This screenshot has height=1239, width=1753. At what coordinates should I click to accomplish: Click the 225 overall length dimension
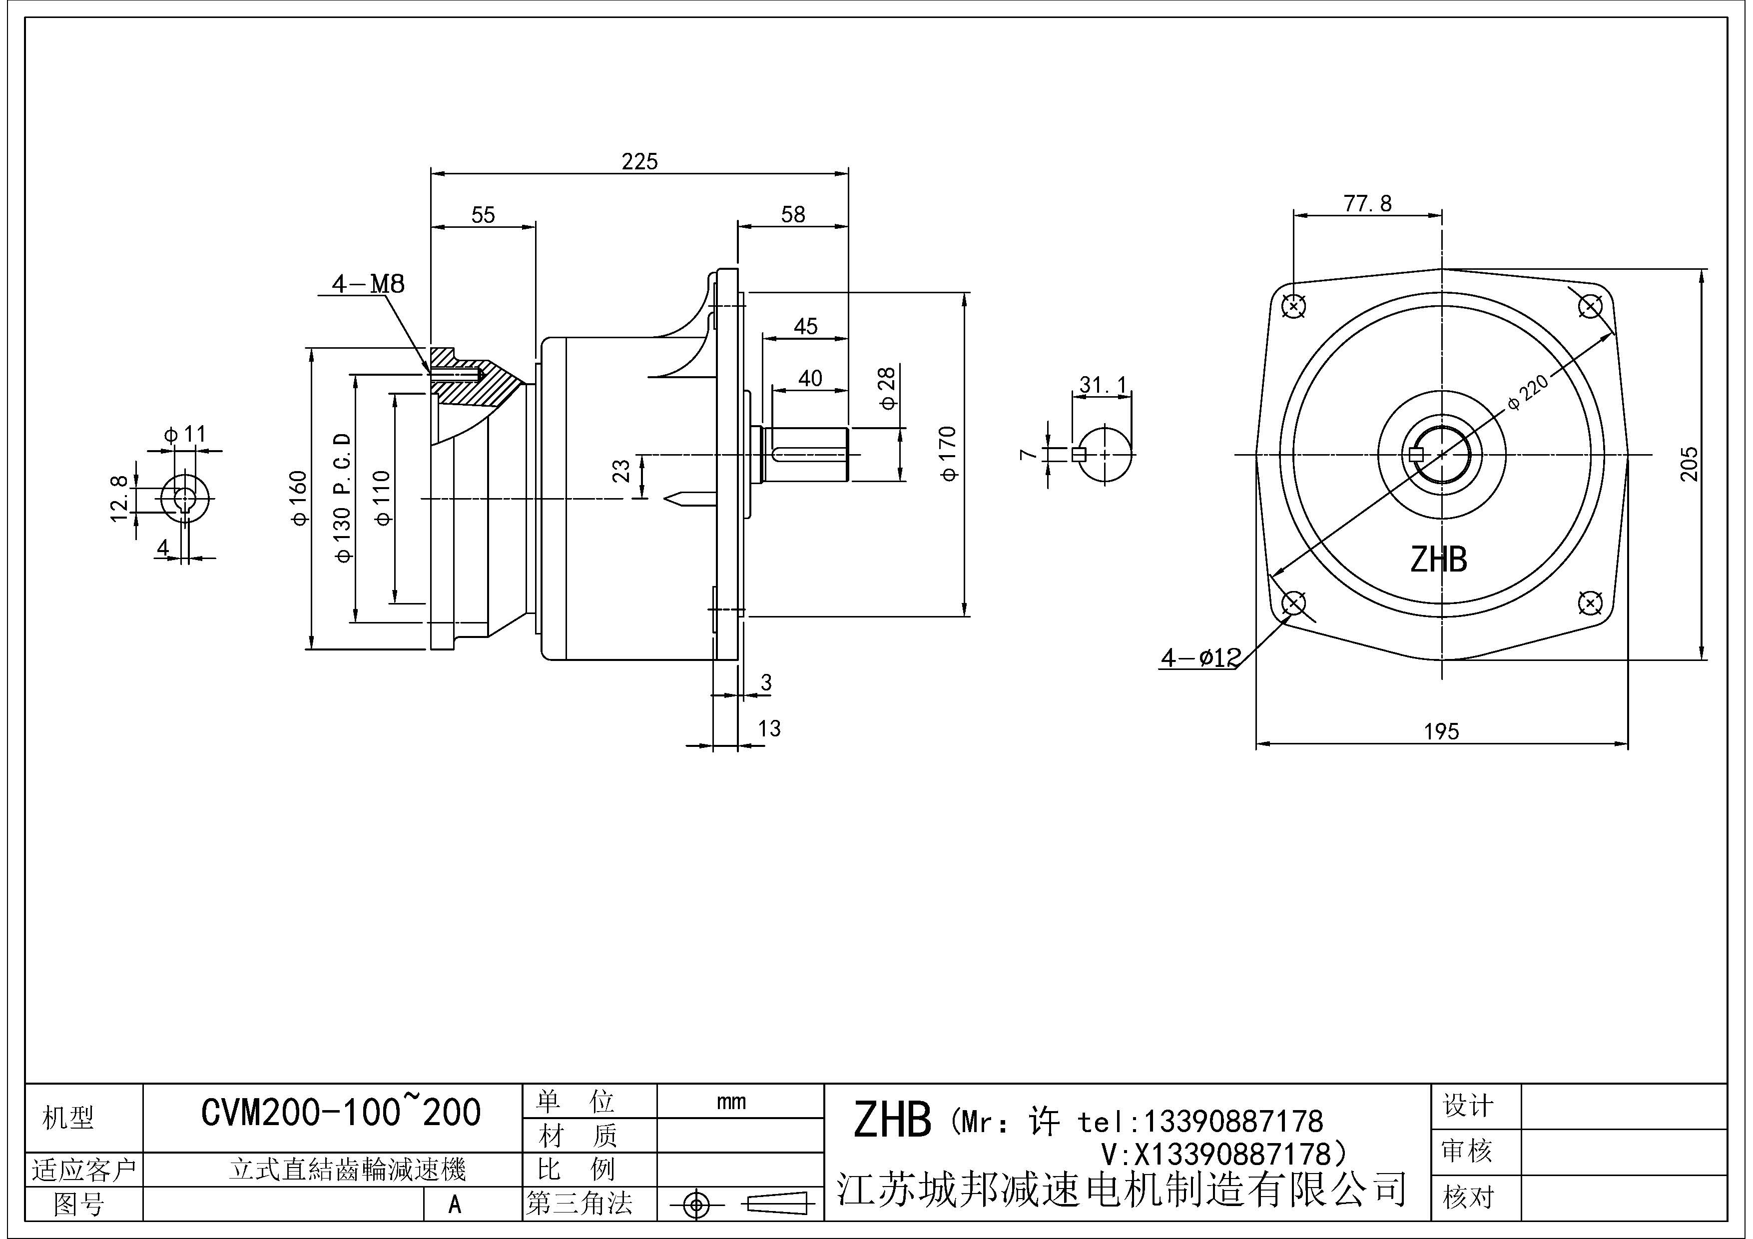(x=639, y=161)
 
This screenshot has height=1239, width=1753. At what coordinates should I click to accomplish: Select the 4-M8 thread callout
(x=368, y=284)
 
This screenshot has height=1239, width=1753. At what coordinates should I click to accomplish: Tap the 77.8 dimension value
(x=1367, y=204)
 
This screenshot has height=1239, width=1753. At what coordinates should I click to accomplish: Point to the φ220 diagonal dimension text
(x=1529, y=392)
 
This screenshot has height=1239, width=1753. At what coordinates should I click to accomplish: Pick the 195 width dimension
(x=1441, y=731)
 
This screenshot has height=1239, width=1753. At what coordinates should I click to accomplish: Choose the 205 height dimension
(x=1690, y=464)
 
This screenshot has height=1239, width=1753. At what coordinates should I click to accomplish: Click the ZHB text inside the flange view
(x=1438, y=560)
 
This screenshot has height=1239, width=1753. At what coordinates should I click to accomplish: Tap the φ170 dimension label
(x=948, y=454)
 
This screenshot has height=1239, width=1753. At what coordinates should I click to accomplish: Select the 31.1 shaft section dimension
(x=1103, y=386)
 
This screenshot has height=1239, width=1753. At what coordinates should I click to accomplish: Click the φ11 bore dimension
(x=185, y=434)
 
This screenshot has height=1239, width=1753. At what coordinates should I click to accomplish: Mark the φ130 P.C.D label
(x=343, y=498)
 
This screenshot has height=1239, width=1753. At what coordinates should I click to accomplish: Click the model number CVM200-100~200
(x=341, y=1113)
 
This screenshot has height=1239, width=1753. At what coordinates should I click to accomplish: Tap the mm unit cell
(x=731, y=1102)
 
